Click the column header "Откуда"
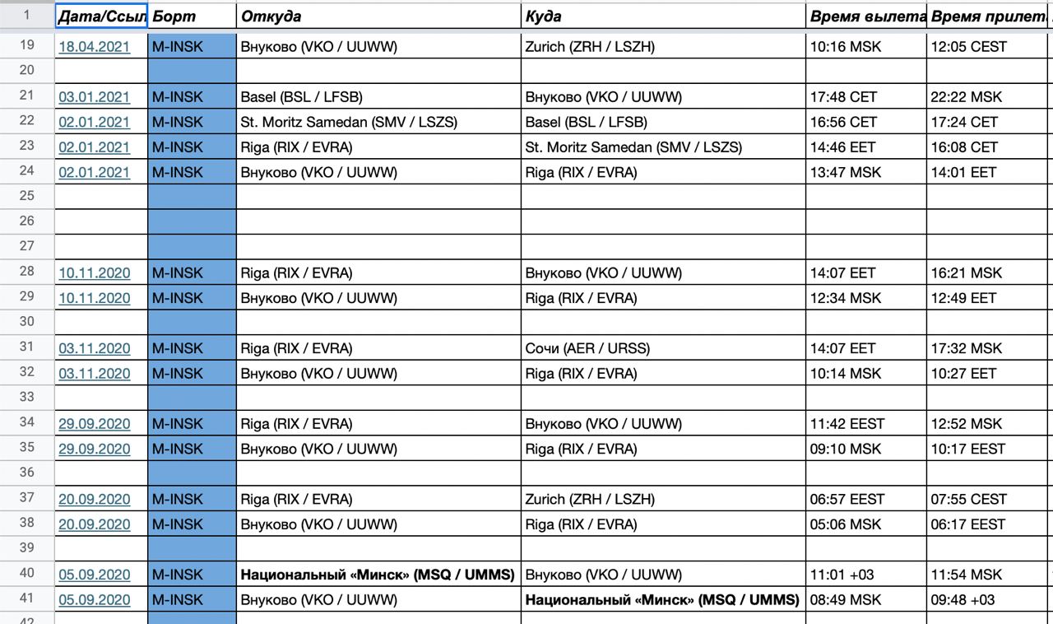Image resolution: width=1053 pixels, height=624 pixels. coord(271,16)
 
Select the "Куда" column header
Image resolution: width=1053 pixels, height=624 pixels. coord(543,16)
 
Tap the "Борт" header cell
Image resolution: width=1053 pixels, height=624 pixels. coord(174,16)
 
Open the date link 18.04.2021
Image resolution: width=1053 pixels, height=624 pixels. coord(94,47)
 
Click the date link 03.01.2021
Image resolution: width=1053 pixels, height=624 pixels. coord(94,97)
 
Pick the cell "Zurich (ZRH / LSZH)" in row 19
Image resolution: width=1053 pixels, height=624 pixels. coord(590,47)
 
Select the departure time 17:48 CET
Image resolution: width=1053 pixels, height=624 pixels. coord(843,97)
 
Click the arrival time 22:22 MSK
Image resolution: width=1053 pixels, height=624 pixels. coord(967,97)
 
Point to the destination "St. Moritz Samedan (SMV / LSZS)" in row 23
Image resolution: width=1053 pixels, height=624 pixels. coord(633,147)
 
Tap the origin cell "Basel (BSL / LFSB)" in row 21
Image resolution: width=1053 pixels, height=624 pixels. coord(302,97)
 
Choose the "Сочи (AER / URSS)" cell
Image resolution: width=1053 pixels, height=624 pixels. coord(587,348)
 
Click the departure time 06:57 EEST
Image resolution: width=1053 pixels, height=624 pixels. coord(847,499)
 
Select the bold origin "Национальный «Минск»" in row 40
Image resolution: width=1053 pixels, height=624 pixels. coord(378,575)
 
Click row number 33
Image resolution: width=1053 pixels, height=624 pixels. coord(26,398)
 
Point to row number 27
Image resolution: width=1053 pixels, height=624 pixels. coord(26,246)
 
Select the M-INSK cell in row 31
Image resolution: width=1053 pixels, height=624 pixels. coord(178,348)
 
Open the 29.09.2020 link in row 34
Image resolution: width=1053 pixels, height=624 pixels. coord(94,424)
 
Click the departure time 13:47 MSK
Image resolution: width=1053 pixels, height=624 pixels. coord(846,173)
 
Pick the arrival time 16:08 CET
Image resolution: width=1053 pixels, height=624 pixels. coord(964,147)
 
